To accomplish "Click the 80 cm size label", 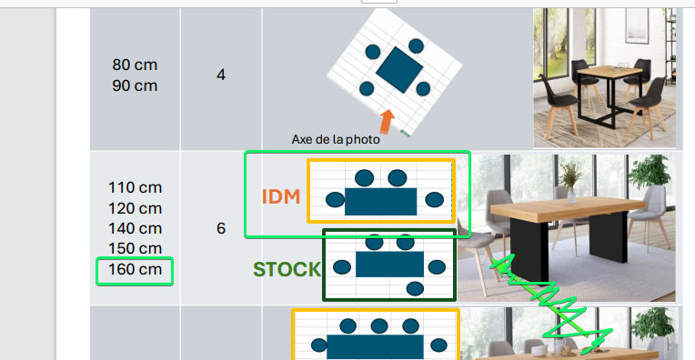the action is [x=135, y=65].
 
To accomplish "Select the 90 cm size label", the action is [x=135, y=85].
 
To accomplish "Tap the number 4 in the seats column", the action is [x=221, y=75].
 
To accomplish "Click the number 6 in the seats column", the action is [x=221, y=228].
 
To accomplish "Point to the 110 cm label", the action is [x=136, y=187].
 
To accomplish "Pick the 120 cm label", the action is [x=136, y=208].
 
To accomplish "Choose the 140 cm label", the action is [x=136, y=228].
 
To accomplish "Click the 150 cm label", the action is [x=136, y=248].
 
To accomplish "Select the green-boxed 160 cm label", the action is [x=136, y=269].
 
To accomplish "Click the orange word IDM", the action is [x=281, y=196].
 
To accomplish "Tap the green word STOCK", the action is [x=287, y=269].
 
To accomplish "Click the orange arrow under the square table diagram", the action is [x=387, y=122].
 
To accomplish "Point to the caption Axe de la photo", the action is [x=336, y=139].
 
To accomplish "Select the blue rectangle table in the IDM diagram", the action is [x=381, y=202].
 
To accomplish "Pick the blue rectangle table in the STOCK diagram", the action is [x=389, y=265].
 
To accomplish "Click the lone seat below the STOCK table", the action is [x=415, y=289].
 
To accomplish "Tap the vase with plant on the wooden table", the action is [x=571, y=183].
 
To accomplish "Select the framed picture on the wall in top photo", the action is [x=637, y=25].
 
